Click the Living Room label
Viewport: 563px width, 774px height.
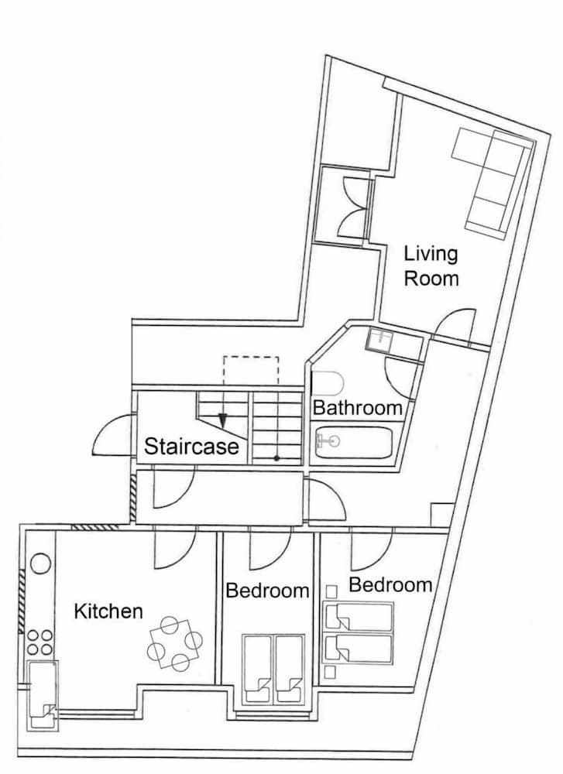pos(431,265)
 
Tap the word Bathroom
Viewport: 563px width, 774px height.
pos(357,408)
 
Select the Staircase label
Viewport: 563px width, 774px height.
pos(191,447)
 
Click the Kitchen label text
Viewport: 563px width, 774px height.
pos(108,611)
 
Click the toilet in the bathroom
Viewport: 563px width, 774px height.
pos(327,382)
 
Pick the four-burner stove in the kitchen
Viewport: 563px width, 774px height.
pos(39,642)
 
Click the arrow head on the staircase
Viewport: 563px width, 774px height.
pos(223,421)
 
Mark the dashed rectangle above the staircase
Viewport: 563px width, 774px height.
pos(250,370)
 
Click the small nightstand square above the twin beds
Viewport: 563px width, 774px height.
pos(331,591)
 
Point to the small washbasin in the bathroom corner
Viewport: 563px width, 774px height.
pos(380,338)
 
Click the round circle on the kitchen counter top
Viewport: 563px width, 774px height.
pos(40,563)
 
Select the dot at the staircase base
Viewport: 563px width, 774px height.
pos(276,459)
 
